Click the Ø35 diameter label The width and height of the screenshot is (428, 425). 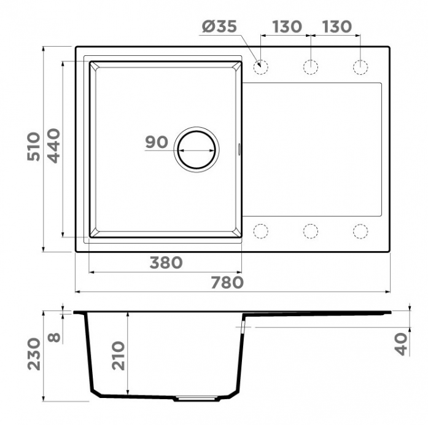[219, 26]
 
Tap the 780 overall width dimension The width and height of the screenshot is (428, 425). [227, 283]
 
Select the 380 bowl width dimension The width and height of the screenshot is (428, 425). [166, 263]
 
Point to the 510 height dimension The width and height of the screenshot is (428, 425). [34, 146]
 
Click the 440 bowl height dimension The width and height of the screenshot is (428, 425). [53, 146]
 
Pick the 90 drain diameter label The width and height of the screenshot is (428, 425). [157, 142]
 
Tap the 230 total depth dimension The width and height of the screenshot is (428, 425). [34, 354]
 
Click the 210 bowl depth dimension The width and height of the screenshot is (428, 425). [119, 356]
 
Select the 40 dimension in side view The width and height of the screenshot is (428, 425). [401, 345]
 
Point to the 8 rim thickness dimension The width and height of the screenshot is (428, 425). [54, 338]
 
